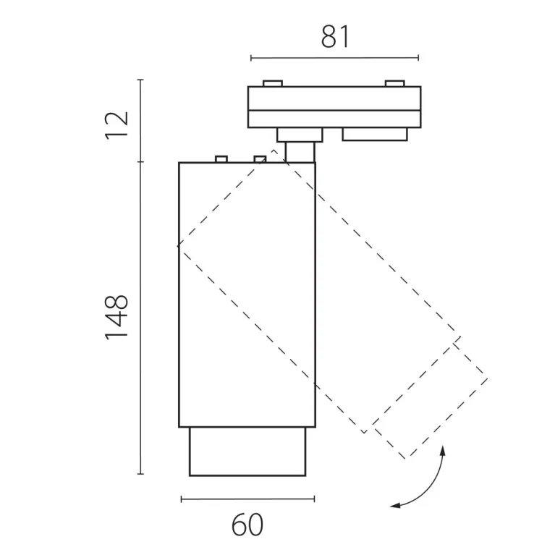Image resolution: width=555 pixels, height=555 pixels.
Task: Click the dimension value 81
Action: point(335,36)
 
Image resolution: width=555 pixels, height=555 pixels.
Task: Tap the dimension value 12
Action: point(116,126)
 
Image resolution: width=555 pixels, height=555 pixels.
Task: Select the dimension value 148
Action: point(116,318)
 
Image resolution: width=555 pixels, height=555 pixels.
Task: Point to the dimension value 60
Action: point(247,525)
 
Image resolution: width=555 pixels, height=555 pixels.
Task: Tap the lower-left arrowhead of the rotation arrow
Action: point(395,506)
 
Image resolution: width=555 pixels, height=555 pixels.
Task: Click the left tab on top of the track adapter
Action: point(273,83)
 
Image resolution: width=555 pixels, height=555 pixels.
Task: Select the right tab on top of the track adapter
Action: point(394,83)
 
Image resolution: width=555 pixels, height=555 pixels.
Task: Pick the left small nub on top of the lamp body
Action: point(221,159)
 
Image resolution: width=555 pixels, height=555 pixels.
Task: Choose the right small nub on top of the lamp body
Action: point(260,159)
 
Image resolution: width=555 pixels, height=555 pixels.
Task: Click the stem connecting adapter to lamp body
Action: point(300,152)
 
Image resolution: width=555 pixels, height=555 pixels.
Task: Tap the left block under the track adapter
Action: point(300,135)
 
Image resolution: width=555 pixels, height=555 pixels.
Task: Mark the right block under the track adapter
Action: point(375,134)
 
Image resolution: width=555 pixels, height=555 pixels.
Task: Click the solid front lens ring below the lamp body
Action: point(247,452)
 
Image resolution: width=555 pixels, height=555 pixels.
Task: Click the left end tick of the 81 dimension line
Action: point(251,58)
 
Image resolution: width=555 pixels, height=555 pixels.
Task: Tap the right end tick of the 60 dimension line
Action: point(314,499)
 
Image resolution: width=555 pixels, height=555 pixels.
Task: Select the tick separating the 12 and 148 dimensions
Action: point(141,162)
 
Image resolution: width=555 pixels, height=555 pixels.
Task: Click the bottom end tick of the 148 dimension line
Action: point(141,473)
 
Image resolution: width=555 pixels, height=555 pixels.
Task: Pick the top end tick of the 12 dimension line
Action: point(141,80)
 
